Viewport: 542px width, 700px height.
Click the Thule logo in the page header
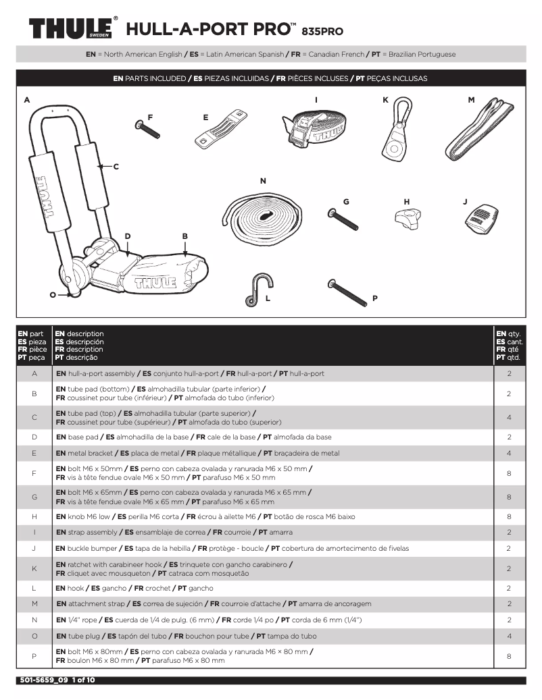73,28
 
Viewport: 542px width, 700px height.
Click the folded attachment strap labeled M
479,134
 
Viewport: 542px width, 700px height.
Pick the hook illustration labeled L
255,289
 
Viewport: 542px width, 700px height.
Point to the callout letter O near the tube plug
52,294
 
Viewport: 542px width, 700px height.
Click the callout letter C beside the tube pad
116,165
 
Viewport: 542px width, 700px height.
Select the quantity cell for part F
508,474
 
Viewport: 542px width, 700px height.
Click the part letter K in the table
34,568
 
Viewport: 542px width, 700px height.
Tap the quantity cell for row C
508,417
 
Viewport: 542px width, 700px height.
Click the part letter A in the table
34,373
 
